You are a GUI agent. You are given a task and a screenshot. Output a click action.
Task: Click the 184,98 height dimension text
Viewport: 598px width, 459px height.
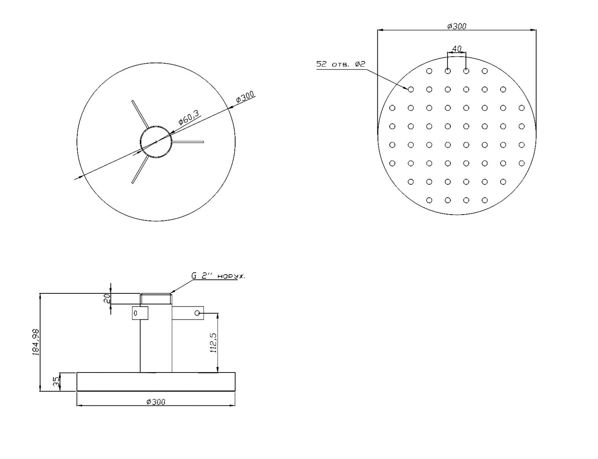click(x=36, y=342)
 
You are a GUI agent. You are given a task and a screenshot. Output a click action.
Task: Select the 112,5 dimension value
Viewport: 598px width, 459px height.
click(x=214, y=343)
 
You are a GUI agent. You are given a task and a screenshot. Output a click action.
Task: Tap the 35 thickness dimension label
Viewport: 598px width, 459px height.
click(x=56, y=381)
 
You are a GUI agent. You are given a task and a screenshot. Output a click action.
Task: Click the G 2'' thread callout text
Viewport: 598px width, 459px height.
click(x=218, y=276)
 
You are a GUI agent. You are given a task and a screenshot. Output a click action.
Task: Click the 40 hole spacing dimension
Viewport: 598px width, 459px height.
click(x=457, y=49)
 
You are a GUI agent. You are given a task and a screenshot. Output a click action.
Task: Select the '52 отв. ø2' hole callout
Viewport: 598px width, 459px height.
click(x=341, y=64)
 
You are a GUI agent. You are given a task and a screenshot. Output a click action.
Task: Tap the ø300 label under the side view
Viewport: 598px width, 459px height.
click(x=156, y=402)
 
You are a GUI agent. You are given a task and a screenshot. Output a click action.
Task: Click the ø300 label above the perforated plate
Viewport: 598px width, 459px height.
click(x=457, y=26)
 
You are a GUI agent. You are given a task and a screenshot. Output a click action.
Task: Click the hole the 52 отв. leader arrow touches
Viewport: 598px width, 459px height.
click(x=411, y=90)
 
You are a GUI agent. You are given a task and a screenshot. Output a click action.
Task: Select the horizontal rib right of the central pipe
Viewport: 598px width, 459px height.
click(x=188, y=142)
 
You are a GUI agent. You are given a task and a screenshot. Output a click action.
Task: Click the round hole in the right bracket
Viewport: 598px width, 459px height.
click(x=197, y=313)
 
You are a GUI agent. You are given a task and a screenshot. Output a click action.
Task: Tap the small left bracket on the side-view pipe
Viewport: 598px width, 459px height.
click(x=140, y=313)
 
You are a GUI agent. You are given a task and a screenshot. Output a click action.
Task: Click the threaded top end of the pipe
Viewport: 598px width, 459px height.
click(x=156, y=299)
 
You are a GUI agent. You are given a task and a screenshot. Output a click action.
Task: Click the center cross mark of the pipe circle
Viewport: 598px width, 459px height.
click(x=156, y=142)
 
